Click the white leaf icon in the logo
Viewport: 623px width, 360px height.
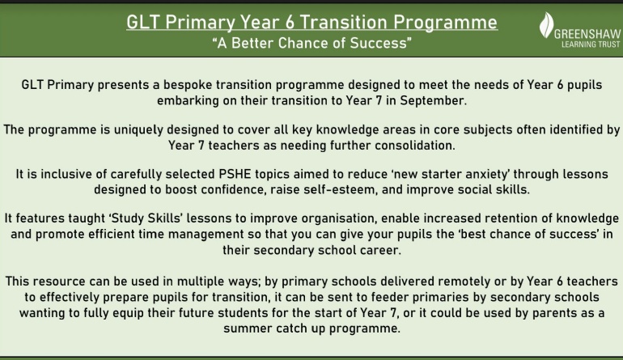pyautogui.click(x=546, y=24)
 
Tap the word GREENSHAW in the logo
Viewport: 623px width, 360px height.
pyautogui.click(x=587, y=34)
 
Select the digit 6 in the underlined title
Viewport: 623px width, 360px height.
pyautogui.click(x=290, y=23)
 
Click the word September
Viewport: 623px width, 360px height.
pyautogui.click(x=433, y=100)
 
